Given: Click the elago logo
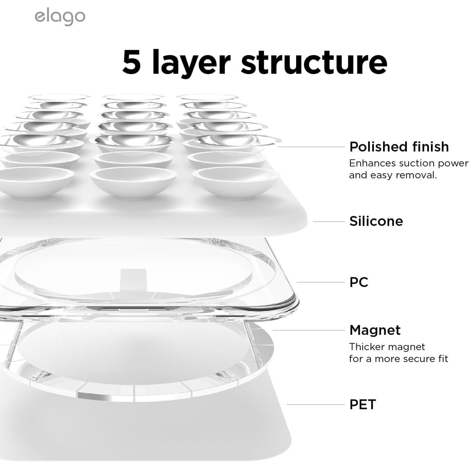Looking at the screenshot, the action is (60, 17).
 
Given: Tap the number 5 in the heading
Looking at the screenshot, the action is (131, 62).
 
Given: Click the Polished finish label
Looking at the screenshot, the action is (399, 147).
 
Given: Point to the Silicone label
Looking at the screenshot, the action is (376, 221).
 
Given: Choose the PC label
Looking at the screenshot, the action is (359, 282).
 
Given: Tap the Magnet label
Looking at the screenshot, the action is (375, 330).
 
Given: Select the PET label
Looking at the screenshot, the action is (363, 404).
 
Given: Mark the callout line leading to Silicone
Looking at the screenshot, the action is (329, 221).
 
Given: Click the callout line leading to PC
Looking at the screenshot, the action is (320, 282).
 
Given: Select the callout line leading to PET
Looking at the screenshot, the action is (315, 404).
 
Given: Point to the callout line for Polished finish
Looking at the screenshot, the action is (311, 147).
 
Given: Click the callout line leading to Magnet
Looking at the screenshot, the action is (309, 330).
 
